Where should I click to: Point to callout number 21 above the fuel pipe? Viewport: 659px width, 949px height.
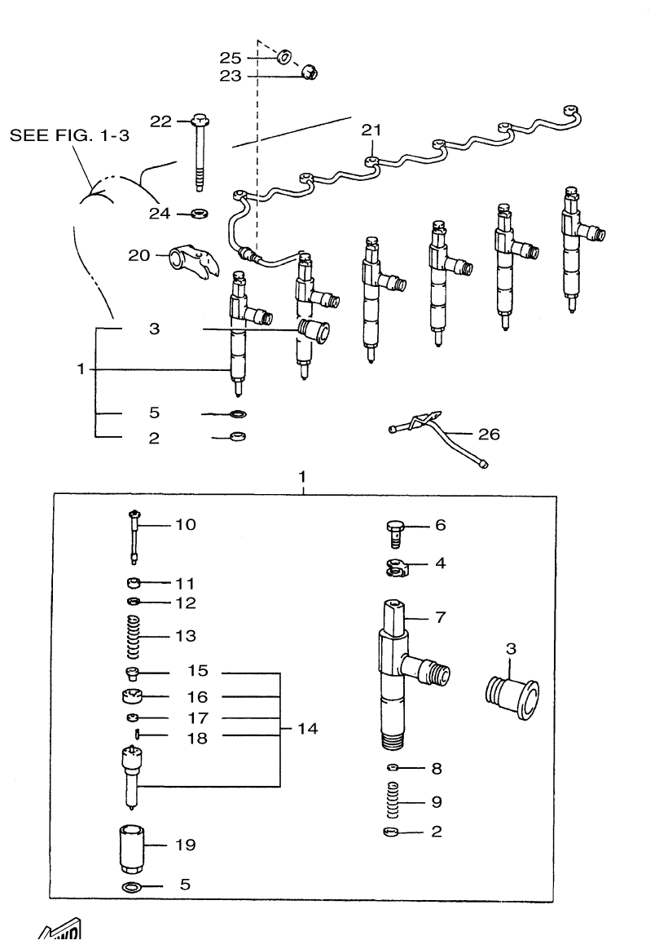click(x=371, y=129)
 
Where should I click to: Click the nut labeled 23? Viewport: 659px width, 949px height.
click(x=309, y=74)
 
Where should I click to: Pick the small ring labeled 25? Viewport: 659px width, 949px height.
click(x=286, y=58)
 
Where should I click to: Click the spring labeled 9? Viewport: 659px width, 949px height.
click(x=394, y=801)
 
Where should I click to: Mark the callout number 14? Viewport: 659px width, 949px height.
click(x=308, y=728)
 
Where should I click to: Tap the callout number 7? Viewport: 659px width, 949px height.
click(x=439, y=617)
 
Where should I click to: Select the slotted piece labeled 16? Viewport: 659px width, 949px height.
click(x=131, y=698)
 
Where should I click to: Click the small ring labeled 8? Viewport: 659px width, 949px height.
click(x=393, y=768)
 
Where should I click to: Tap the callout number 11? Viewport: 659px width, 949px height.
click(x=185, y=584)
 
